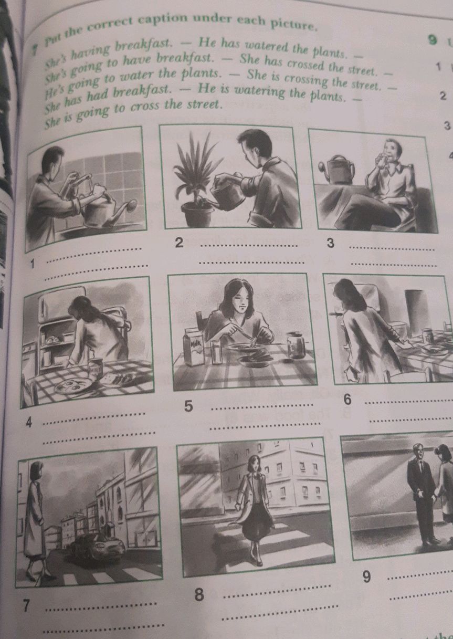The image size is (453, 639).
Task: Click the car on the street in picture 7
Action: (99, 547)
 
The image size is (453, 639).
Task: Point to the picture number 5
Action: (189, 406)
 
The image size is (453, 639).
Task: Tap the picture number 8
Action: (198, 594)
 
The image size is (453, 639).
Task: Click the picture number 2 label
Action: (180, 243)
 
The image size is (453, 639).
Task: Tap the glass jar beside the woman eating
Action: (296, 345)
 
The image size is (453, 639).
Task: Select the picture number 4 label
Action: (29, 422)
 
